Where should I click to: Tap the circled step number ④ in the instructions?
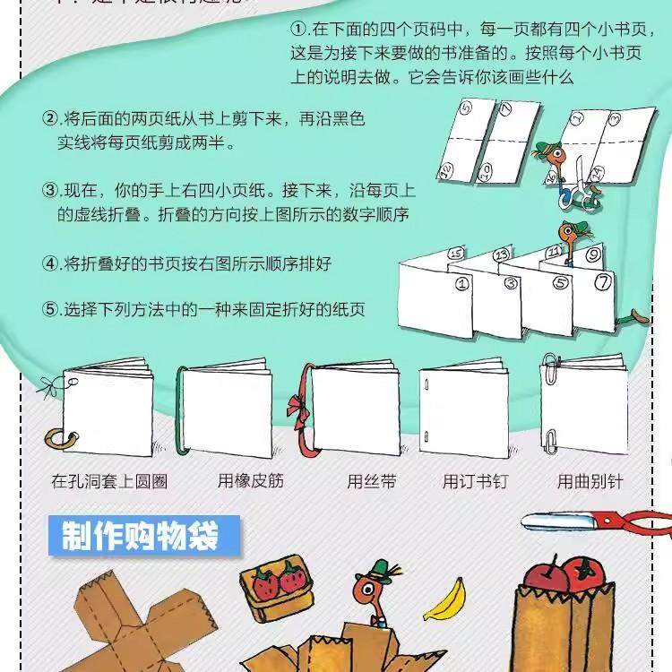50,263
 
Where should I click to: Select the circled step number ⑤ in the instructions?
50,310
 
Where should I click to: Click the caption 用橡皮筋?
251,481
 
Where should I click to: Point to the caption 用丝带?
372,481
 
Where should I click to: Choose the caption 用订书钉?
475,481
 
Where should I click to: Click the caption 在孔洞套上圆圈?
109,481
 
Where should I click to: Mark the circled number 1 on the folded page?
463,286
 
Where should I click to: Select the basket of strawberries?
274,591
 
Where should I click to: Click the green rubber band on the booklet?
183,408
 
